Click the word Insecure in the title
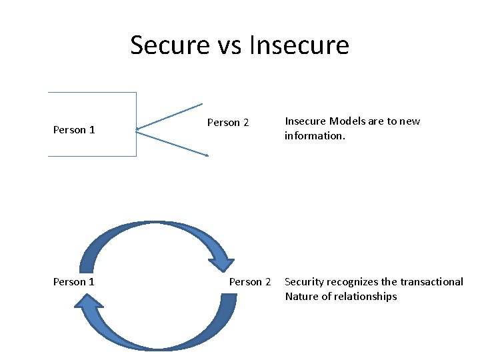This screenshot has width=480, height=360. [x=299, y=45]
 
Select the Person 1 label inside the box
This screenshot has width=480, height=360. [x=74, y=130]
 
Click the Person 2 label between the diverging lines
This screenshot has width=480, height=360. [x=228, y=123]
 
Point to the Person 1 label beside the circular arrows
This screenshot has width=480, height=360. [x=74, y=282]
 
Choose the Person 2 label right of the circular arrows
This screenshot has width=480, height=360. [x=250, y=282]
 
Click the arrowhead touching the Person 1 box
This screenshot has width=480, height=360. [x=138, y=129]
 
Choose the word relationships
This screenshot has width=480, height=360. [x=365, y=297]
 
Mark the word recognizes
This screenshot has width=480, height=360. [x=352, y=282]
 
